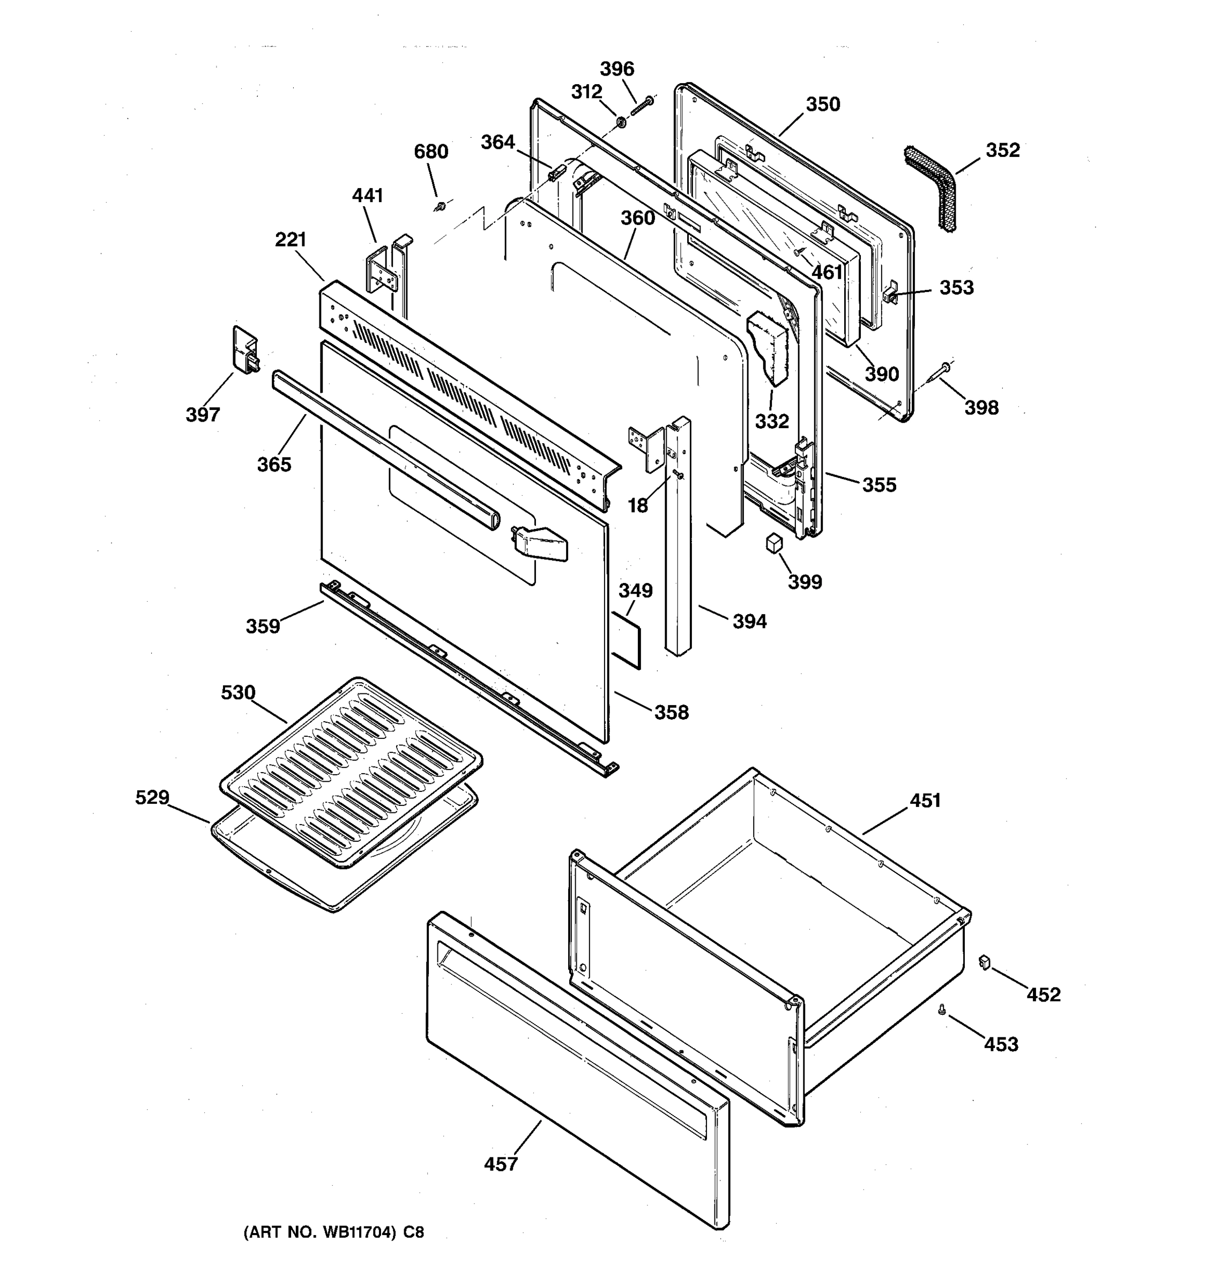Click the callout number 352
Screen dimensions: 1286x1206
(1002, 150)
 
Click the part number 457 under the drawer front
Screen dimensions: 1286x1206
(501, 1164)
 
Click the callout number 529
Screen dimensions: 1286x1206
(152, 798)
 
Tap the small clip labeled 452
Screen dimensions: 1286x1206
(985, 962)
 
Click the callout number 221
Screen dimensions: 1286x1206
(291, 240)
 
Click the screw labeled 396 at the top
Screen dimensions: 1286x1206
(641, 106)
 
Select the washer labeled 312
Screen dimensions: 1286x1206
(620, 122)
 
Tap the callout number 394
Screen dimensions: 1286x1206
(749, 622)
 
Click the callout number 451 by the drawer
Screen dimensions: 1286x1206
(925, 801)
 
